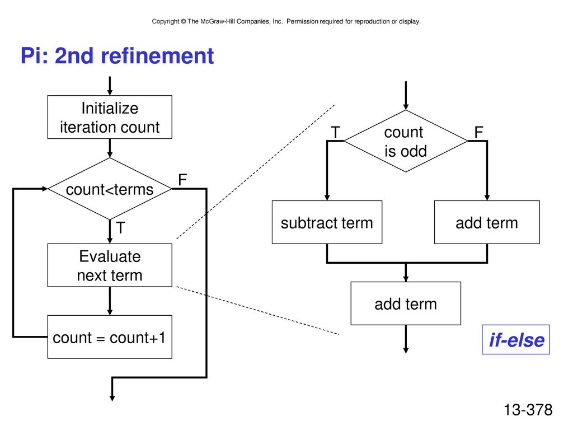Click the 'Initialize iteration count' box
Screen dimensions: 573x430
(110, 117)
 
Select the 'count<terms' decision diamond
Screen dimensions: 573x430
(110, 189)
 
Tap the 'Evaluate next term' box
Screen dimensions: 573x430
(110, 265)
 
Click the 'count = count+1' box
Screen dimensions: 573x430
(110, 336)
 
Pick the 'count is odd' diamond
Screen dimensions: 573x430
(406, 141)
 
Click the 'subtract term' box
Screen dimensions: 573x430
(327, 222)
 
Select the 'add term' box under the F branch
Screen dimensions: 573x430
(487, 222)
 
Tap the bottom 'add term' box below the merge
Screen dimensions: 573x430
(406, 303)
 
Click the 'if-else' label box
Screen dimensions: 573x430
(516, 340)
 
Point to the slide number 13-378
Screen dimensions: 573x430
(528, 410)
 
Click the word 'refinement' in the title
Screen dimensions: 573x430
(157, 56)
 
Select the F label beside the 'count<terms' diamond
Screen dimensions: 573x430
(182, 180)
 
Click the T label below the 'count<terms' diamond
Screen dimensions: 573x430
(121, 228)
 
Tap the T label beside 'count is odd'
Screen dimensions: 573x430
(336, 132)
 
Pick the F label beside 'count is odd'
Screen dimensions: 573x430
(479, 132)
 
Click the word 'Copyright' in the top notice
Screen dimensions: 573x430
(166, 22)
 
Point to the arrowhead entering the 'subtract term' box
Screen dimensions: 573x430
(327, 198)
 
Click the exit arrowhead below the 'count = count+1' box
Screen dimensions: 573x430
(112, 398)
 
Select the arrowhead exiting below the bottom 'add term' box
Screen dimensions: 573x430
(406, 350)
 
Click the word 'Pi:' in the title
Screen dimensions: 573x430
(34, 56)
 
